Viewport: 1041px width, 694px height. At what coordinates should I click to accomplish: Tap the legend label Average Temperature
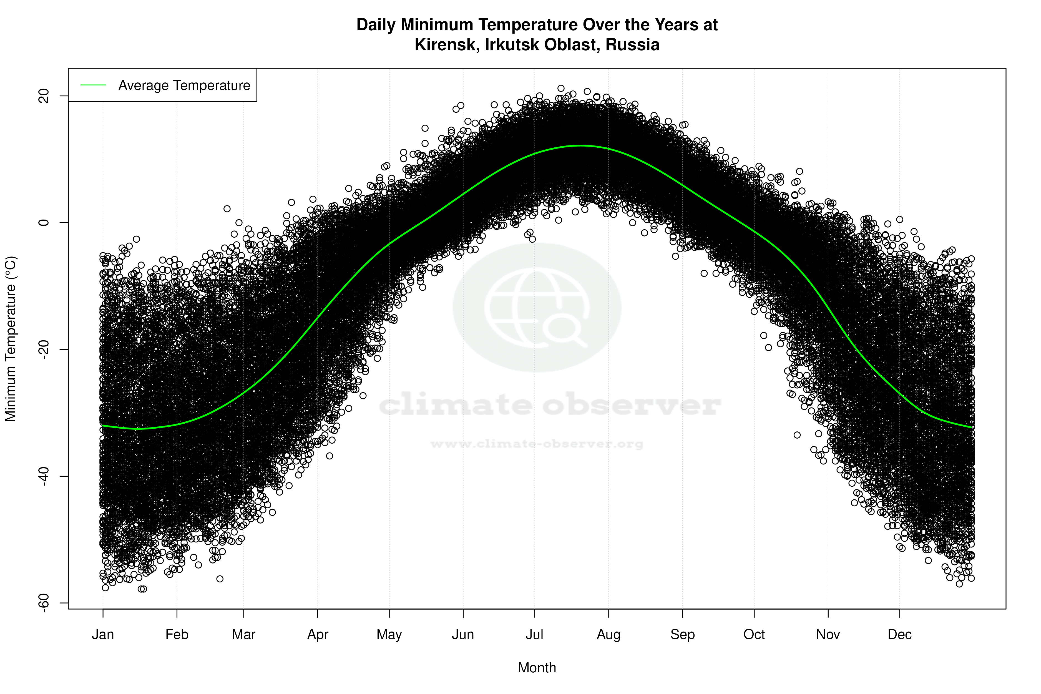pos(184,86)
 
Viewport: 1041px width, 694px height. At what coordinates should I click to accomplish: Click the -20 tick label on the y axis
pos(44,349)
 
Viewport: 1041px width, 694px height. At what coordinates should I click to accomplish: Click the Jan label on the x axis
pos(103,635)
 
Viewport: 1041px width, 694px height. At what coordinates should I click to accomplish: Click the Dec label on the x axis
pos(899,635)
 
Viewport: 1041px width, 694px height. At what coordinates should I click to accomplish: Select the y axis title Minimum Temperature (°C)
pos(11,339)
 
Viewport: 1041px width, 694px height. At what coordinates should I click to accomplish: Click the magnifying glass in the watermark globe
pos(564,330)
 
